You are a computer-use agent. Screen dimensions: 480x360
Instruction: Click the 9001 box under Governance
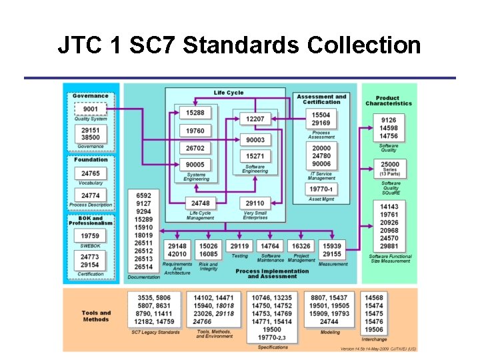(90, 109)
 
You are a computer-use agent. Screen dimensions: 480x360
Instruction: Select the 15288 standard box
(195, 113)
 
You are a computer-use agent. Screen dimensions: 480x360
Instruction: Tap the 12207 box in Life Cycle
(255, 119)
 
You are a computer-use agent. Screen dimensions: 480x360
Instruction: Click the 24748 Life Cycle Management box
(200, 203)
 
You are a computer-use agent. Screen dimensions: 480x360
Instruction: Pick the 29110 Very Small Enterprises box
(255, 203)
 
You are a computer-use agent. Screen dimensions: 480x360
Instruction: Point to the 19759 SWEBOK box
(90, 235)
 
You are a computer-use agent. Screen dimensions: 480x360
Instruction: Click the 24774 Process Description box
(90, 196)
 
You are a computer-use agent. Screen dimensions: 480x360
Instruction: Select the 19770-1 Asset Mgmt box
(321, 189)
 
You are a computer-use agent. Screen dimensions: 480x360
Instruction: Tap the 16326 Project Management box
(301, 246)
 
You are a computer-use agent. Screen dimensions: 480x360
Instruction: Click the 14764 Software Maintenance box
(270, 246)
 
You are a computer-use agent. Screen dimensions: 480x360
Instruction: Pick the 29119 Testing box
(239, 246)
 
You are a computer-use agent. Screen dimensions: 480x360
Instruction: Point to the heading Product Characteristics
(389, 101)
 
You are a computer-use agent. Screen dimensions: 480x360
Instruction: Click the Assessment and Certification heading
(321, 99)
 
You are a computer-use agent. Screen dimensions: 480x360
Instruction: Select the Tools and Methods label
(96, 316)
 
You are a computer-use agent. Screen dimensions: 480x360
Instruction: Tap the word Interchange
(374, 339)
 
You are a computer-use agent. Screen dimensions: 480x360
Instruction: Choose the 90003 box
(255, 140)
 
